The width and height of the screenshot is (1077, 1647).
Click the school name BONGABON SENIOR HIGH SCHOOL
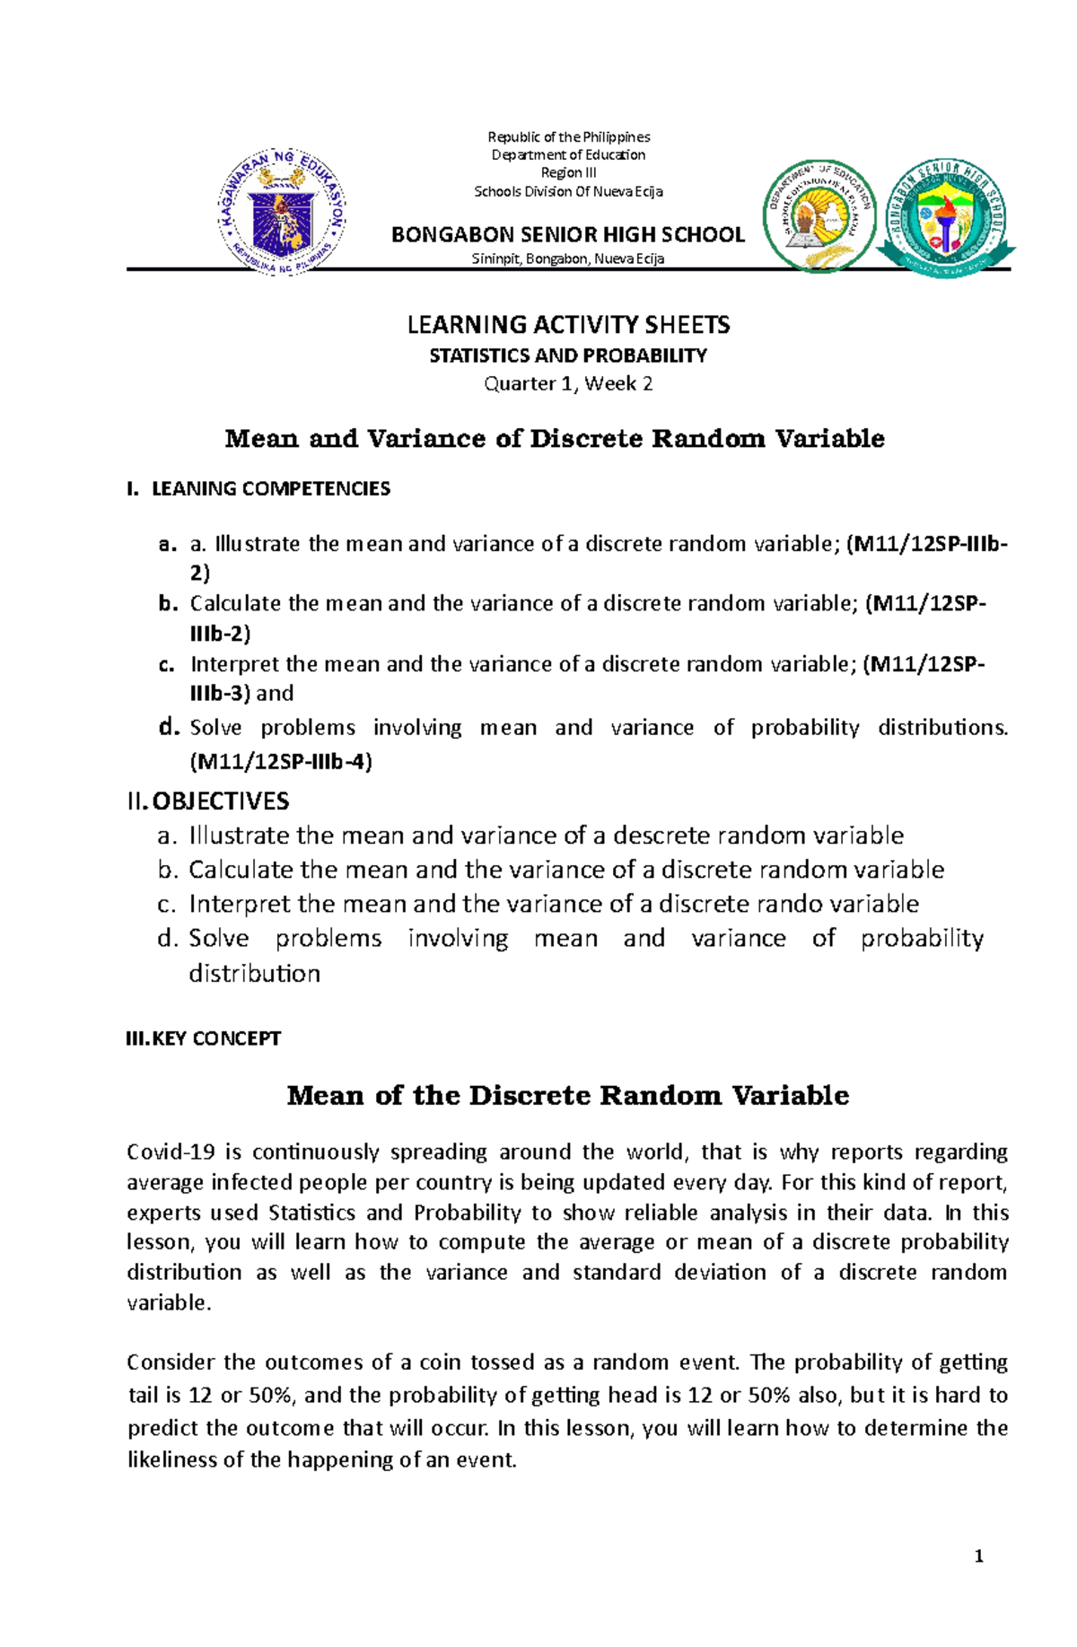click(568, 235)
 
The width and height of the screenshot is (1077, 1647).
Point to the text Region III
click(568, 172)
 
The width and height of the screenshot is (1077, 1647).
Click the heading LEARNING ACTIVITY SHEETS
click(568, 324)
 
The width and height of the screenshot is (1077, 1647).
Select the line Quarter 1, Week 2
click(568, 384)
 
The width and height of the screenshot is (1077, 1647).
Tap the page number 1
click(978, 1556)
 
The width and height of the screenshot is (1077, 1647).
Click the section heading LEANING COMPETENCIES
click(270, 489)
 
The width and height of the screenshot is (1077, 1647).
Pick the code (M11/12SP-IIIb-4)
click(281, 762)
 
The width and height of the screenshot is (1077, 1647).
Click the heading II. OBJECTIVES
click(208, 801)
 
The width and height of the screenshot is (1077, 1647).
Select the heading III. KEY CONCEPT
click(204, 1038)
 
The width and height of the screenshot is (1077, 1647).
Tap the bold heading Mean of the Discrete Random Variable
click(568, 1096)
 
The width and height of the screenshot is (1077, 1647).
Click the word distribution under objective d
click(254, 974)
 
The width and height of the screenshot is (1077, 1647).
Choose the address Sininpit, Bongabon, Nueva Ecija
click(568, 259)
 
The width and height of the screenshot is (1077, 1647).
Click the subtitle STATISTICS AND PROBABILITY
click(568, 355)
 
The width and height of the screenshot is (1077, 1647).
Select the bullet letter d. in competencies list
click(170, 727)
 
